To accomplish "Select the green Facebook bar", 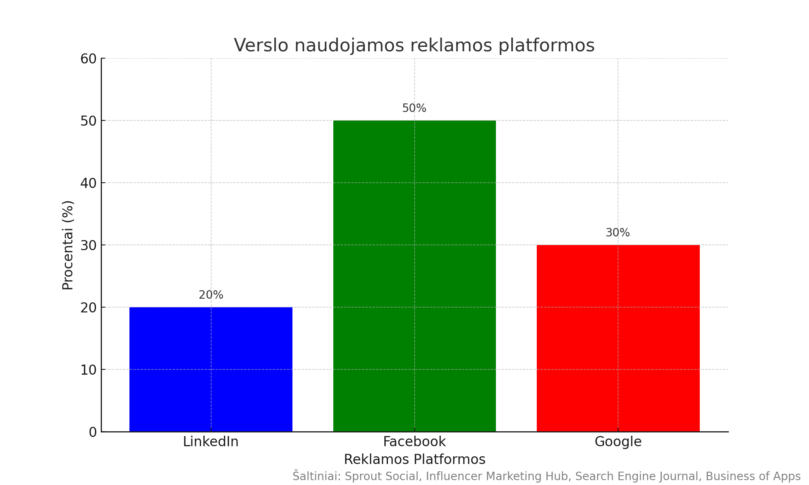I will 414,276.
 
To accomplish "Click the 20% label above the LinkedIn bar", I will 211,295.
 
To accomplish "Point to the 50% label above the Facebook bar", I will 414,108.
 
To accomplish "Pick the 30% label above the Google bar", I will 618,233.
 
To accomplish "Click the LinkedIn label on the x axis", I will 211,442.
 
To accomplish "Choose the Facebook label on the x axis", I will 414,442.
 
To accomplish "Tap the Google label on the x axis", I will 618,442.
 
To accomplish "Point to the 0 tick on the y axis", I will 93,432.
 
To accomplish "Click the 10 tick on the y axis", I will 88,370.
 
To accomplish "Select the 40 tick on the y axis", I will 88,183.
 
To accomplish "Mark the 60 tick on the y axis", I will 88,59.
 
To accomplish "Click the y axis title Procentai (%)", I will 68,245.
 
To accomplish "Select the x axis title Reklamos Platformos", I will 414,460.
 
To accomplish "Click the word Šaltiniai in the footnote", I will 316,476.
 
